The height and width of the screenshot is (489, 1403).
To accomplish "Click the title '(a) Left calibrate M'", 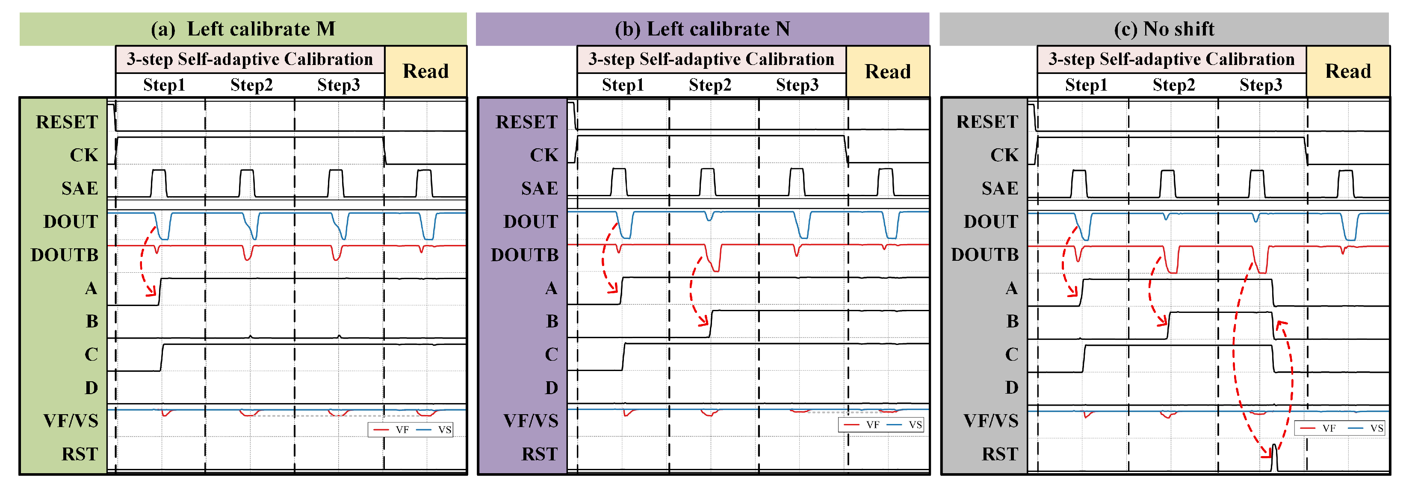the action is tap(243, 29).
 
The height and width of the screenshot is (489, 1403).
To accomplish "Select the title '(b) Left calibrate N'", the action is tap(702, 29).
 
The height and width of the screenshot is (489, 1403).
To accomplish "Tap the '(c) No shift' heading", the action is tap(1164, 29).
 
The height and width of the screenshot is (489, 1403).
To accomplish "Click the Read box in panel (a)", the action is tap(425, 71).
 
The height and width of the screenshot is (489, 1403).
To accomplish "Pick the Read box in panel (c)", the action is tap(1347, 71).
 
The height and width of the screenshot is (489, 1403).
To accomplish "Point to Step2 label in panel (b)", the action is tap(710, 85).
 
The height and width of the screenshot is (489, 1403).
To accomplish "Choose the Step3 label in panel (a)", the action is tap(338, 85).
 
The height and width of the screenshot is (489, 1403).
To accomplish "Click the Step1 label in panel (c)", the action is tap(1086, 85).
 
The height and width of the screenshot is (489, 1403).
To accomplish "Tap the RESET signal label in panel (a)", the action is tap(67, 122).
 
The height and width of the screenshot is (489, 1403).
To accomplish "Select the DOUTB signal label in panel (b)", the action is tap(525, 255).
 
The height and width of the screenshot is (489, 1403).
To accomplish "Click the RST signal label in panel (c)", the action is tap(999, 454).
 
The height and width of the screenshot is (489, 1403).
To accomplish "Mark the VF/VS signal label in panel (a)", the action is tap(71, 421).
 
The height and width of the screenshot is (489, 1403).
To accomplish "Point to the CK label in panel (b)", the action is tap(544, 155).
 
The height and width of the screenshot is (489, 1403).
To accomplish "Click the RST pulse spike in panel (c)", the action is tap(1274, 457).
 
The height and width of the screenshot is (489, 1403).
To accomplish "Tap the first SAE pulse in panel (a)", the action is tap(159, 183).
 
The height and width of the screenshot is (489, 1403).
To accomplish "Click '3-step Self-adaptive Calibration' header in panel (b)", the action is tap(711, 59).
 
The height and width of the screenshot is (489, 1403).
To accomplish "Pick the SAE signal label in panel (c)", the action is tap(1000, 189).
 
